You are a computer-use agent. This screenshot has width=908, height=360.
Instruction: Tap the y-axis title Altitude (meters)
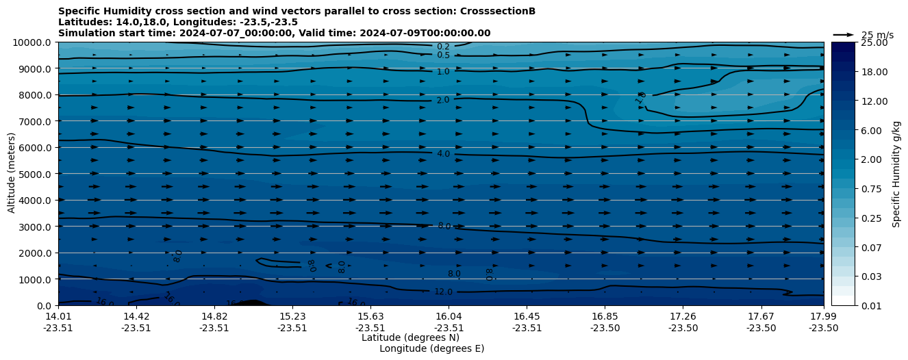point(12,173)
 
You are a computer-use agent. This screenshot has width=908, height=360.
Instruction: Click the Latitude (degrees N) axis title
point(410,337)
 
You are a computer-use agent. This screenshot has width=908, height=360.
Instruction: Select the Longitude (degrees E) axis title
point(431,348)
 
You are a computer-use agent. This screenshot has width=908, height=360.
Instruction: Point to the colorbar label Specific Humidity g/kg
point(896,174)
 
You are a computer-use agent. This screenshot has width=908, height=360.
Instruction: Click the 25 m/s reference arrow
point(843,35)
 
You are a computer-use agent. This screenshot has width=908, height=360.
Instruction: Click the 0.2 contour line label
point(443,47)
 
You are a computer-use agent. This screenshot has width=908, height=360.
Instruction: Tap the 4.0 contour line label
point(443,154)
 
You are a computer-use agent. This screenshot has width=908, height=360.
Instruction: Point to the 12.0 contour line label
point(443,292)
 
